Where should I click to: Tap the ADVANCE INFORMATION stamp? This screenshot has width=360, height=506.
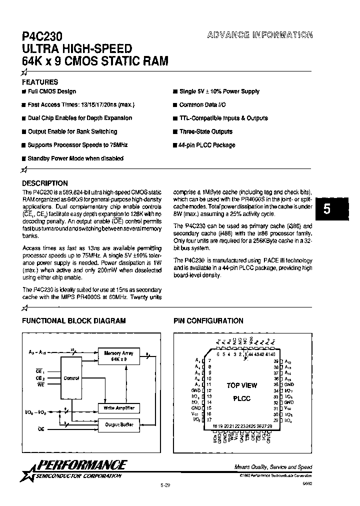(259, 35)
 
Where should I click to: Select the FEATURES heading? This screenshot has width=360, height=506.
(40, 82)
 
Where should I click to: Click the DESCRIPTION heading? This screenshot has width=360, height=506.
(45, 183)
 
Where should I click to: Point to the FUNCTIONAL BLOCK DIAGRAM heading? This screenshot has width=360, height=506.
(73, 321)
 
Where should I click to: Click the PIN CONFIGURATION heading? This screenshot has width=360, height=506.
(208, 321)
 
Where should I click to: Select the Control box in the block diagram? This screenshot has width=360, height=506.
(71, 378)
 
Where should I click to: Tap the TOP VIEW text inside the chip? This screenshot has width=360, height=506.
(241, 385)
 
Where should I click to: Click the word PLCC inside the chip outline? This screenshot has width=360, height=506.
(241, 399)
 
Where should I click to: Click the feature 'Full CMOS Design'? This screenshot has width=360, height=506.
(52, 91)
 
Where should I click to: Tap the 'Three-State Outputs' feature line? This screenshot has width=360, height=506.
(205, 131)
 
